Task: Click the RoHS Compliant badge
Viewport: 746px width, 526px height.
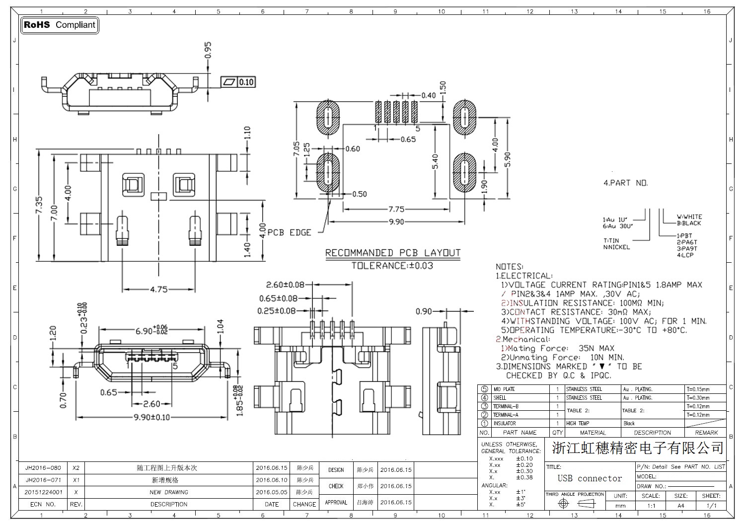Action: point(60,25)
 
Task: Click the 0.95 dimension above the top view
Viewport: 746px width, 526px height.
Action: point(208,50)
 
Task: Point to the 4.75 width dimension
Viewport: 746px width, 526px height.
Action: point(158,289)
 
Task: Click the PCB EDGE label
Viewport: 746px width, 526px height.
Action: point(289,232)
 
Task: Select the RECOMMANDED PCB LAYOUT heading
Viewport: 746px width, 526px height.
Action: point(392,253)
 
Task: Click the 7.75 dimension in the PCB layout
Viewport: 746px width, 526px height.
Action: point(396,209)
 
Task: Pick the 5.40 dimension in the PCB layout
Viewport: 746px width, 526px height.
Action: point(436,162)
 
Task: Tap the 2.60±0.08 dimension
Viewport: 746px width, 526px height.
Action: point(285,285)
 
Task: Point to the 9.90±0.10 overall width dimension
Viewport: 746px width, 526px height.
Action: point(151,417)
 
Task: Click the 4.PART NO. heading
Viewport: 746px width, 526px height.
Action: point(625,183)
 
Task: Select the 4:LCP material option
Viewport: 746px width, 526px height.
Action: point(685,255)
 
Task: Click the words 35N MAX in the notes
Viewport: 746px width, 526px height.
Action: point(596,348)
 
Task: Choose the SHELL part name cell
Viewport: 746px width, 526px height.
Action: point(500,398)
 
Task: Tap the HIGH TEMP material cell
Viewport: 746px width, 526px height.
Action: point(578,423)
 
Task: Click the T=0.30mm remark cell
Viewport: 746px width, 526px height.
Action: point(698,398)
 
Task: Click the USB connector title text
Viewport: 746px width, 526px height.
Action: point(590,478)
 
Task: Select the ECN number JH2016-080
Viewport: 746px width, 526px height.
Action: point(43,468)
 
